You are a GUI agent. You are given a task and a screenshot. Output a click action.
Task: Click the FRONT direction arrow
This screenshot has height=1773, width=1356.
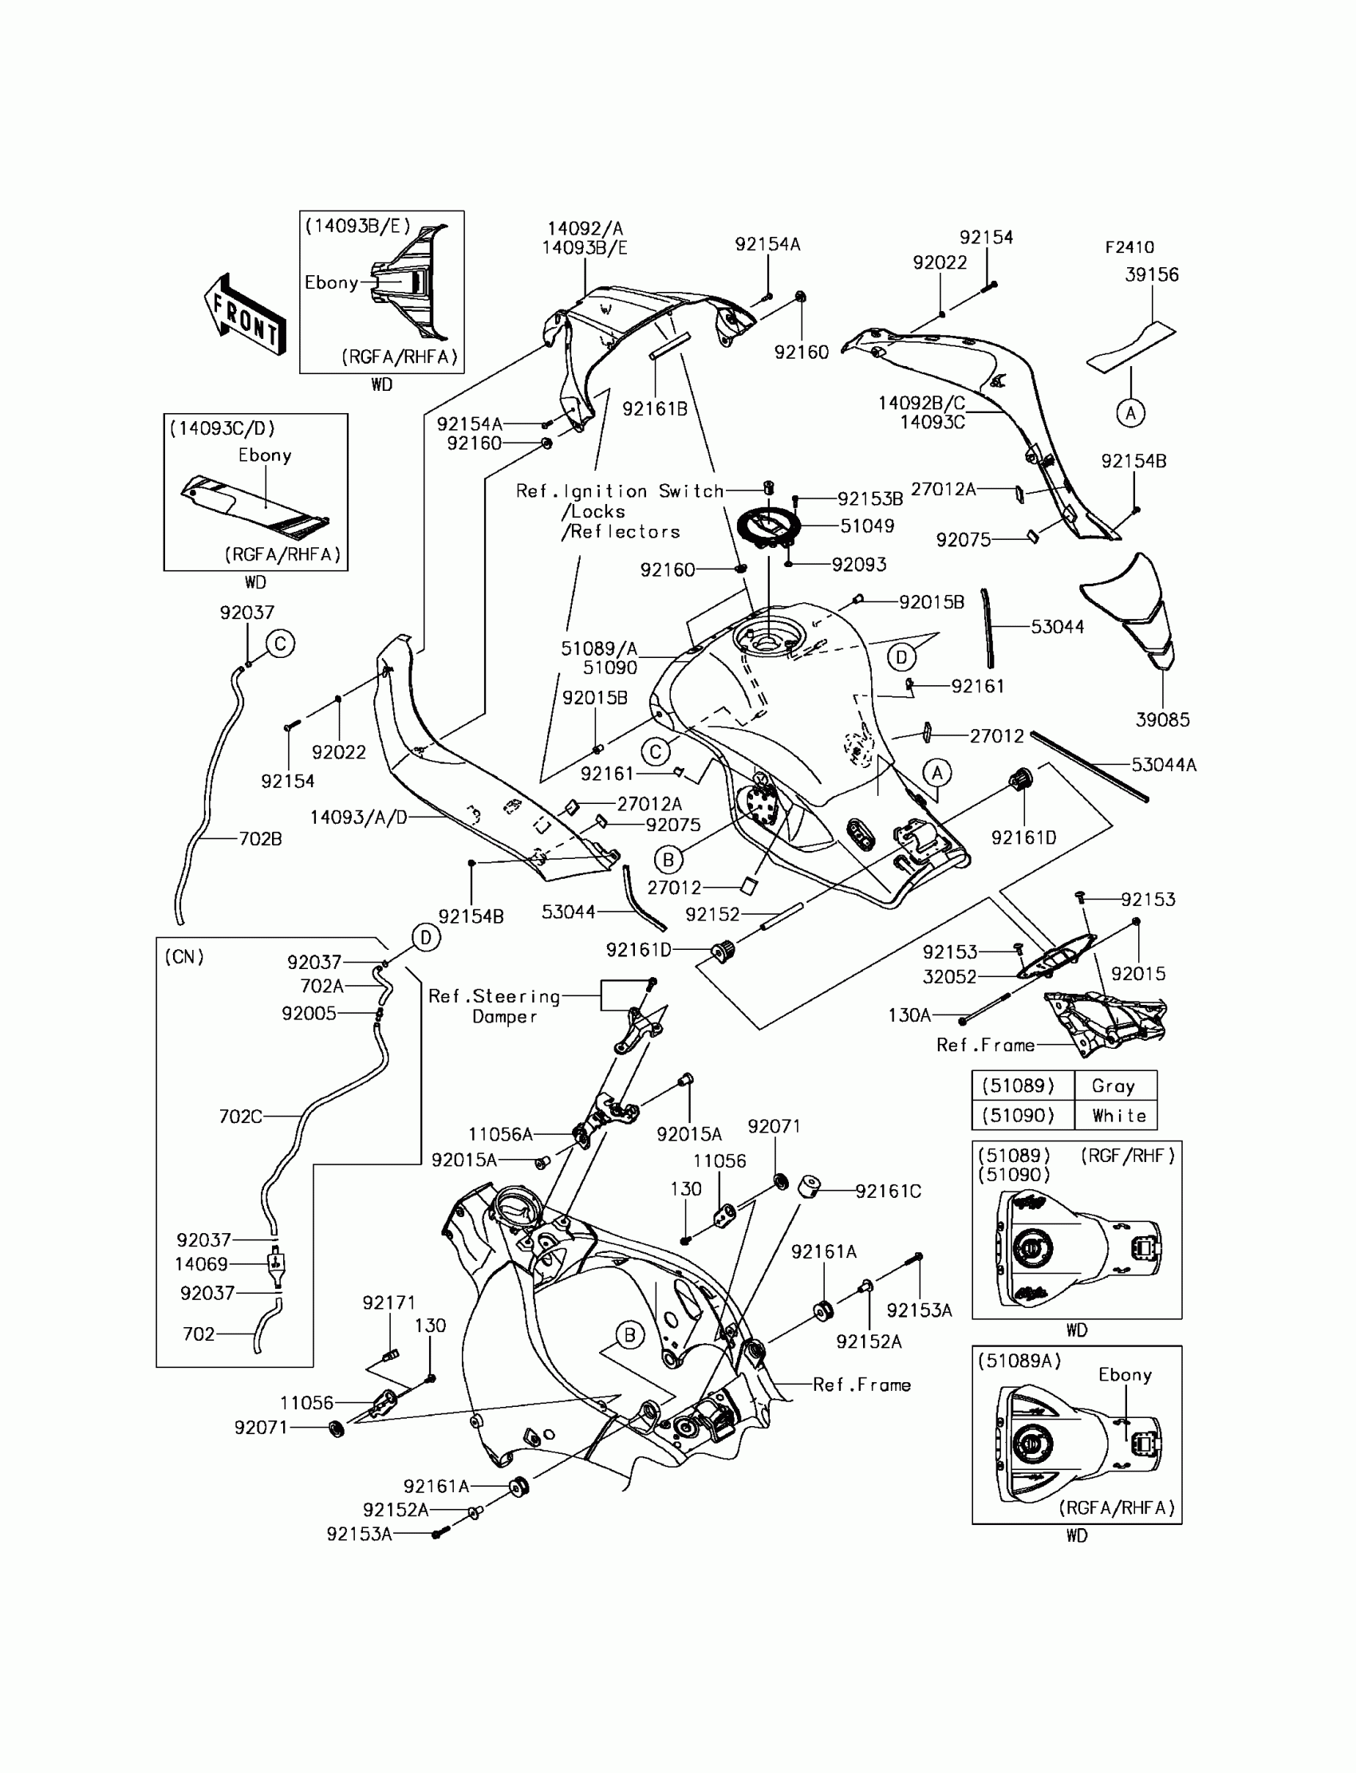click(x=245, y=316)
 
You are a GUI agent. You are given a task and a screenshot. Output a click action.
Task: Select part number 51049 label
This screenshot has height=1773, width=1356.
click(x=867, y=526)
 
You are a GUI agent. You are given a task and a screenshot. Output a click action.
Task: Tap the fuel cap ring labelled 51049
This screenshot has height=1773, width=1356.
click(x=767, y=527)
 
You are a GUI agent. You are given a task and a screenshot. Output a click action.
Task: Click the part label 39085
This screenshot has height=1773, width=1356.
click(x=1162, y=720)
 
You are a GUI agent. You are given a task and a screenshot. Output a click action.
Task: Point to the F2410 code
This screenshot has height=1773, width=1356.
click(x=1129, y=248)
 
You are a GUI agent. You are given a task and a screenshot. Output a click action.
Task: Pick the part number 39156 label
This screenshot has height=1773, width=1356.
click(x=1152, y=275)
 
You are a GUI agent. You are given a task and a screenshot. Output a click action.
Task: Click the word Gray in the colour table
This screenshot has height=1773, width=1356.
click(x=1113, y=1086)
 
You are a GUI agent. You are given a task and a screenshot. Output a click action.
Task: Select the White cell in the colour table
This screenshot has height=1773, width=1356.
click(x=1118, y=1116)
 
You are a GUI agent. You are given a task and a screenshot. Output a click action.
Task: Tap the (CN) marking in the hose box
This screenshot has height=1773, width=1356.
click(x=185, y=957)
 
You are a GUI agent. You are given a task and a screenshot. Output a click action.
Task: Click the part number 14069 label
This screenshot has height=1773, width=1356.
click(x=202, y=1265)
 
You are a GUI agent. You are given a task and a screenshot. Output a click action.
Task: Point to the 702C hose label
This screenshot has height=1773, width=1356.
click(x=241, y=1117)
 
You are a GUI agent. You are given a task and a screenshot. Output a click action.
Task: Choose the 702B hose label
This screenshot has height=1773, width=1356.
click(x=260, y=839)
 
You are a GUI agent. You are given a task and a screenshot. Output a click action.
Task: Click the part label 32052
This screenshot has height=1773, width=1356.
click(x=949, y=977)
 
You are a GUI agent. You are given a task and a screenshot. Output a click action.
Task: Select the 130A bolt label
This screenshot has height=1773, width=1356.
click(x=909, y=1015)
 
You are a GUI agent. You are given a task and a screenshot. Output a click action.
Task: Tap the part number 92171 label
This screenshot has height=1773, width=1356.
click(x=389, y=1303)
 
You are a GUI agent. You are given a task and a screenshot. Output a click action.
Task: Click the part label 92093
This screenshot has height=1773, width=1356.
click(x=859, y=565)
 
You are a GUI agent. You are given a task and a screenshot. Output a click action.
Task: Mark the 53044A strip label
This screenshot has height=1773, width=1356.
click(x=1163, y=765)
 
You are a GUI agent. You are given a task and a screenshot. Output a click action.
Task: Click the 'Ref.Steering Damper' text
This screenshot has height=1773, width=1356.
click(x=494, y=1007)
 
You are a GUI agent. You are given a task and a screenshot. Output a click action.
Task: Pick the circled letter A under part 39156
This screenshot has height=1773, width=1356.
click(x=1131, y=413)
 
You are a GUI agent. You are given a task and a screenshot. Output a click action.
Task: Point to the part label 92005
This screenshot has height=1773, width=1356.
click(x=309, y=1014)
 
